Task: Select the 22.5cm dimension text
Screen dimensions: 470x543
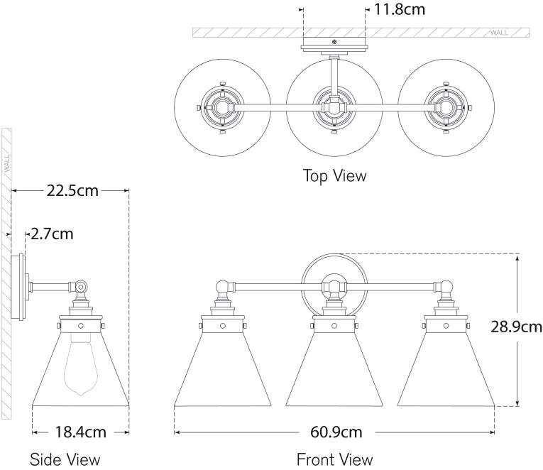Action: pyautogui.click(x=72, y=190)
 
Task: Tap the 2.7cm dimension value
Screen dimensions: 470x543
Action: pyautogui.click(x=51, y=234)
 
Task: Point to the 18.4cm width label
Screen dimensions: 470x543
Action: pyautogui.click(x=80, y=431)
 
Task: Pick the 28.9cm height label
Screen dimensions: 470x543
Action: pyautogui.click(x=516, y=327)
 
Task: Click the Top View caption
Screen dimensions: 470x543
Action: pyautogui.click(x=335, y=175)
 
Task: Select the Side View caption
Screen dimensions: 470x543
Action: pyautogui.click(x=65, y=459)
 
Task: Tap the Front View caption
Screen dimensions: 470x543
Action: pyautogui.click(x=335, y=459)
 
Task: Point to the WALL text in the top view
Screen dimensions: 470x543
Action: pyautogui.click(x=498, y=33)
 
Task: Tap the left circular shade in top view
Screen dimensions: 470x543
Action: pyautogui.click(x=222, y=109)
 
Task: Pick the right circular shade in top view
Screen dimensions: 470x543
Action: pyautogui.click(x=446, y=109)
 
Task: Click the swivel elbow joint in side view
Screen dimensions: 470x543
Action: pyautogui.click(x=80, y=288)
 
